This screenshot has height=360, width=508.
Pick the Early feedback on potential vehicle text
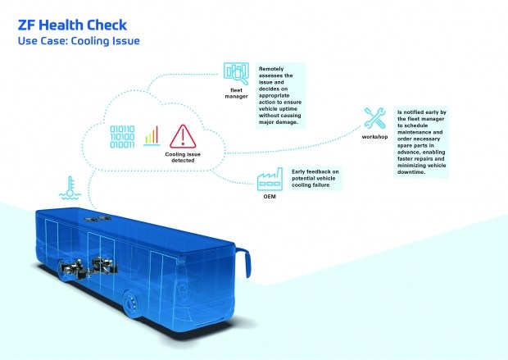point(315,178)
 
